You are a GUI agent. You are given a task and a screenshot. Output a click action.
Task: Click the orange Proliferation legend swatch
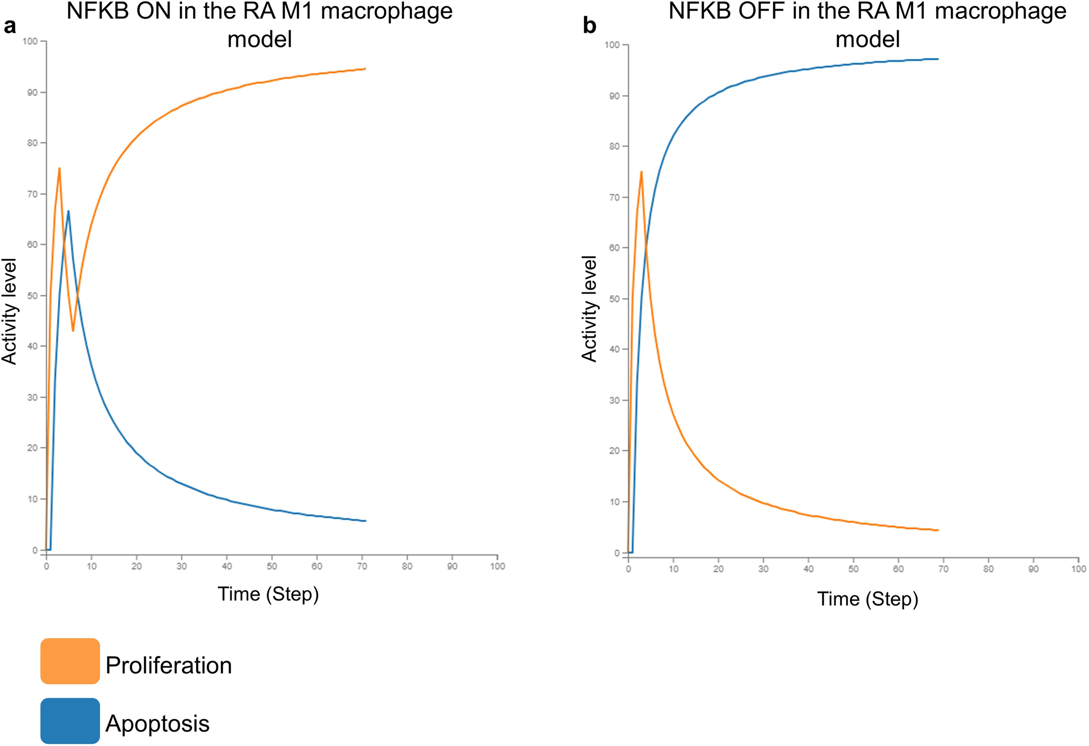(70, 660)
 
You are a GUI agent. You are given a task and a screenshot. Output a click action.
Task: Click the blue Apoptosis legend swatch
(70, 720)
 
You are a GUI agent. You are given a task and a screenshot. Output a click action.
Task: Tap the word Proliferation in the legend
(168, 665)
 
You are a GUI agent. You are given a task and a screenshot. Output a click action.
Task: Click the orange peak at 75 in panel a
(59, 169)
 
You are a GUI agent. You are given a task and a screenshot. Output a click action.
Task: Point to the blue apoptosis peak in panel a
(68, 212)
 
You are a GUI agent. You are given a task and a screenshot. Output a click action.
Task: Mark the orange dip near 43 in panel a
(73, 330)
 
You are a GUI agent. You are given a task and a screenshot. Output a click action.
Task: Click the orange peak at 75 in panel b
(641, 172)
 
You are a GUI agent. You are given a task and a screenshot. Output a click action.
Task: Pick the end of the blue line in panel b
(938, 59)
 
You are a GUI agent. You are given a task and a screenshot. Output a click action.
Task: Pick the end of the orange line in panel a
(365, 69)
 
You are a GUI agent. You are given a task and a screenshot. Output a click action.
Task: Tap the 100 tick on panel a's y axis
(30, 41)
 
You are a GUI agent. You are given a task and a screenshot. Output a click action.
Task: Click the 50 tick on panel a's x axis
(272, 566)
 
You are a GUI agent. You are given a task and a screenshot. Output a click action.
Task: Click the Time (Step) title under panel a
(268, 594)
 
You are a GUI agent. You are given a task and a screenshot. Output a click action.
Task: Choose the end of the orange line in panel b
(938, 530)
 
